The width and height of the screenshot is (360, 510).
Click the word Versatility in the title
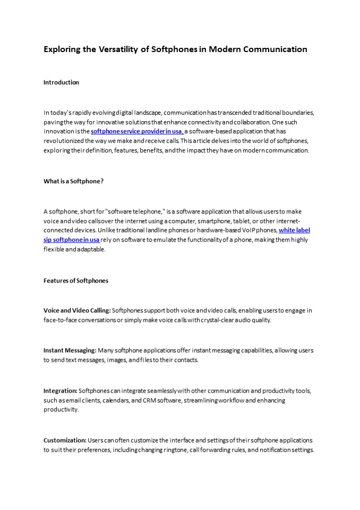[117, 49]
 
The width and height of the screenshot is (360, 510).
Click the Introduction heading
[61, 82]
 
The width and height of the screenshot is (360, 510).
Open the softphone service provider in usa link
[137, 131]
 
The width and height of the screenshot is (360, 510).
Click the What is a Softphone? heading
[73, 181]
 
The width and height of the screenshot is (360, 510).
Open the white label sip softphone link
[294, 230]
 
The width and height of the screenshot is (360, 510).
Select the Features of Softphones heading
[75, 280]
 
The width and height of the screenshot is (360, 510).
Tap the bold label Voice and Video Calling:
[77, 310]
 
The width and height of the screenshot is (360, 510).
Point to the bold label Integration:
[61, 390]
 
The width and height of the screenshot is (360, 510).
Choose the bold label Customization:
[65, 440]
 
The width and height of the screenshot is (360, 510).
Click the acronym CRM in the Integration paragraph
[149, 400]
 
